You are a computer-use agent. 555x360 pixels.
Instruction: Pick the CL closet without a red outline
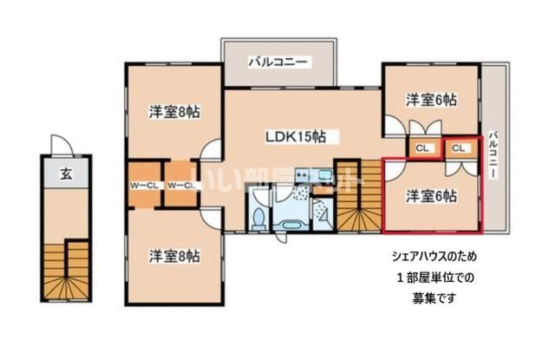coord(423,148)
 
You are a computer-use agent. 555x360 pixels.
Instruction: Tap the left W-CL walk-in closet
coord(143,185)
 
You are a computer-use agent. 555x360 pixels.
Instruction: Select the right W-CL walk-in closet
coord(180,185)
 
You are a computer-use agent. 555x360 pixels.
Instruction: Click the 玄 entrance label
coord(66,174)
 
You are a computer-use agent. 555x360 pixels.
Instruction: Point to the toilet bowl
coord(258,217)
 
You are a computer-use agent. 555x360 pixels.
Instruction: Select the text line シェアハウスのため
coord(432,257)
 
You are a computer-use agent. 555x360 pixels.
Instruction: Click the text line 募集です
coord(432,298)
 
